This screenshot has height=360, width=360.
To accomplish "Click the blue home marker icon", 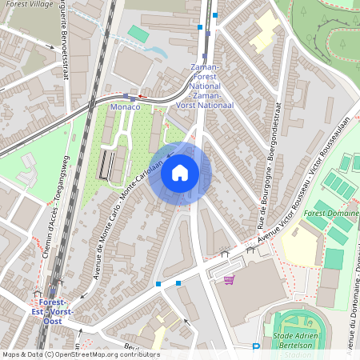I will tap(180, 173).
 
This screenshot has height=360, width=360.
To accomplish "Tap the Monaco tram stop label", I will tap(125, 106).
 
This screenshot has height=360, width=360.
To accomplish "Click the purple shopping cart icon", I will tap(230, 280).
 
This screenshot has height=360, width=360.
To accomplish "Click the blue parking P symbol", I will tap(256, 347).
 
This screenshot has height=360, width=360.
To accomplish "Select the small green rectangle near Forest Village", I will tap(138, 34).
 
